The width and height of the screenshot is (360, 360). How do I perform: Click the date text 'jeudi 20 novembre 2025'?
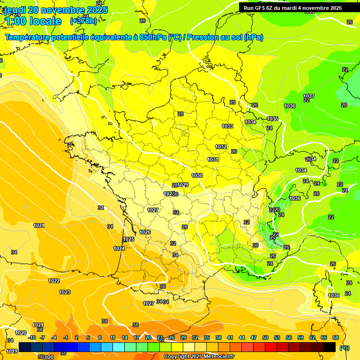pyautogui.click(x=56, y=10)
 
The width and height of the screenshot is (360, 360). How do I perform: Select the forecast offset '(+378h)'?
pyautogui.click(x=83, y=21)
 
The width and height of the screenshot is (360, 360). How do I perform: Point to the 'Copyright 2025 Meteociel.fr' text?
pyautogui.click(x=199, y=357)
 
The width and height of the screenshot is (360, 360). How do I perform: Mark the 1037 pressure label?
pyautogui.click(x=309, y=96)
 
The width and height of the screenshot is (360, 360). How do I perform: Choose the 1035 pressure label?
pyautogui.click(x=272, y=119)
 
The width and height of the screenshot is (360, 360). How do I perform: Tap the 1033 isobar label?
pyautogui.click(x=227, y=126)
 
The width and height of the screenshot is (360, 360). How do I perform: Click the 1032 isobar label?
pyautogui.click(x=221, y=147)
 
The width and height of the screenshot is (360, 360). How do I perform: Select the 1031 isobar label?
pyautogui.click(x=213, y=159)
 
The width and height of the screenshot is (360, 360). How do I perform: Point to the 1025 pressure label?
pyautogui.click(x=128, y=239)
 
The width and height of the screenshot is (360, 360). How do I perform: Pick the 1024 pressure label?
pyautogui.click(x=119, y=248)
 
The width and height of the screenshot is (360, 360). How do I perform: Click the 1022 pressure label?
pyautogui.click(x=54, y=281)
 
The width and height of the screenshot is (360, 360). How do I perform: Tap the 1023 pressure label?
pyautogui.click(x=65, y=292)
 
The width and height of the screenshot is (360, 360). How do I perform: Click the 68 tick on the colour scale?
pyautogui.click(x=336, y=337)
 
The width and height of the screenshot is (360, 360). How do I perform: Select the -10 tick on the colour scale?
pyautogui.click(x=32, y=337)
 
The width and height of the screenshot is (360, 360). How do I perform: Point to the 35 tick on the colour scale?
pyautogui.click(x=207, y=337)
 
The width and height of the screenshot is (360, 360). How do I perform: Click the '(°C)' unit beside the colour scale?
pyautogui.click(x=345, y=348)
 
